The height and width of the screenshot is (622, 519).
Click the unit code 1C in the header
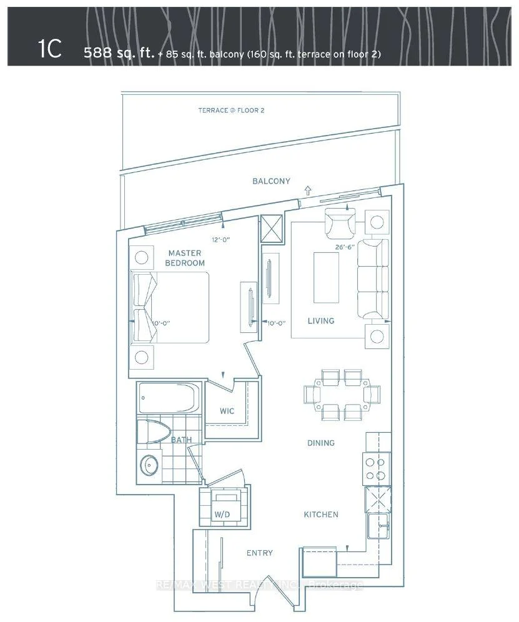[x=51, y=49]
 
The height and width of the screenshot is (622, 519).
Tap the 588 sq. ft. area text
[x=119, y=52]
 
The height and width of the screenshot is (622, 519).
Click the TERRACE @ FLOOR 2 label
[x=231, y=111]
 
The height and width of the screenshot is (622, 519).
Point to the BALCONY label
[x=272, y=181]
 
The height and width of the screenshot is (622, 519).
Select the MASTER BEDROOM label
[x=185, y=258]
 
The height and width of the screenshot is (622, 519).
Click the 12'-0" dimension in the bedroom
[x=221, y=240]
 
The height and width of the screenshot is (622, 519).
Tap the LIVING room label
[x=321, y=320]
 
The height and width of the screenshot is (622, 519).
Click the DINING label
[x=321, y=443]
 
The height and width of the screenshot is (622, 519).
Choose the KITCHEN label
[x=321, y=515]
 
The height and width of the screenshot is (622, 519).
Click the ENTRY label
[x=260, y=553]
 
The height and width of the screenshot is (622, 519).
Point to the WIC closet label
[x=227, y=411]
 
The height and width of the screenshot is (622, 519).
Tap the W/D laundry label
[x=222, y=515]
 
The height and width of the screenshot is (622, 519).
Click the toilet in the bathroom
[x=154, y=432]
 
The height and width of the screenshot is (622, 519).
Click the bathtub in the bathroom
[x=167, y=398]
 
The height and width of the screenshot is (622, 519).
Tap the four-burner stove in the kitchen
[x=375, y=469]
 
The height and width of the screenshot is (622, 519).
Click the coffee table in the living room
[x=327, y=278]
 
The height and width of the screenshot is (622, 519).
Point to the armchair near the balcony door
[x=340, y=223]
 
